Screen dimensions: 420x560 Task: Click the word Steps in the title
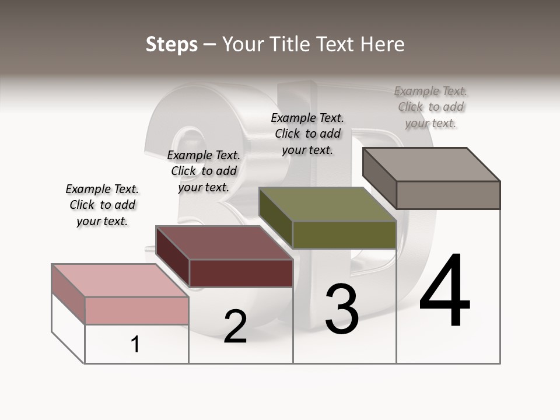(171, 44)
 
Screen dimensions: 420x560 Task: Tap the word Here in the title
(383, 44)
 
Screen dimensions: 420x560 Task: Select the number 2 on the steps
(235, 326)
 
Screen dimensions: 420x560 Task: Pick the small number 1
(135, 345)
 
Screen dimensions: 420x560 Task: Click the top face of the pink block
(120, 280)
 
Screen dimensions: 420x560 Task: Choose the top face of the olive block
(327, 204)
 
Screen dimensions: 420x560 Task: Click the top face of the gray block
(431, 164)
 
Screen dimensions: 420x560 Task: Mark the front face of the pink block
(136, 310)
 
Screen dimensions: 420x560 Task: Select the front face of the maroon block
(241, 273)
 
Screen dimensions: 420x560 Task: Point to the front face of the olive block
(344, 235)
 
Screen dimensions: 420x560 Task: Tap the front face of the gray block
(448, 195)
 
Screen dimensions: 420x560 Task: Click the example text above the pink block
(102, 205)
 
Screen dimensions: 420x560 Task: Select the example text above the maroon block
(204, 171)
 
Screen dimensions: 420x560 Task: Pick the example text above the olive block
(307, 134)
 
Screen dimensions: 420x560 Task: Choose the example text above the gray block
(430, 107)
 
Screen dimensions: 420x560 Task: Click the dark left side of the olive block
(275, 217)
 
